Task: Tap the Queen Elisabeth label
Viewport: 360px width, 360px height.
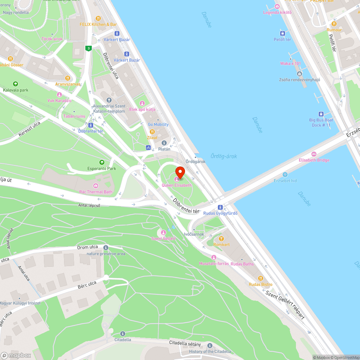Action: (x=177, y=185)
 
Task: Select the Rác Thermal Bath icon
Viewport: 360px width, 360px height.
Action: (x=96, y=186)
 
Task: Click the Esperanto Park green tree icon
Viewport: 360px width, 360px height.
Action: (x=102, y=162)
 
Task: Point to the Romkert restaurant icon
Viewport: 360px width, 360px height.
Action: (x=221, y=238)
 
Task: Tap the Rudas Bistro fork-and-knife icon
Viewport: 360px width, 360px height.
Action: (x=261, y=278)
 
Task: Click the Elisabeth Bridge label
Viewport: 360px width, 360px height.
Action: (x=314, y=160)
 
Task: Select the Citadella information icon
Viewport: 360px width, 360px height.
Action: (x=123, y=334)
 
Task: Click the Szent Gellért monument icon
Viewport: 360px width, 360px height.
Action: (x=163, y=232)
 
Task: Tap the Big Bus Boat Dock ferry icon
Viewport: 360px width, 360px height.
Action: (x=321, y=114)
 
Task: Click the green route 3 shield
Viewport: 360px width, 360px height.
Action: (x=88, y=48)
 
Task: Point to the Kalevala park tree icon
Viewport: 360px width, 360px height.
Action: (x=15, y=84)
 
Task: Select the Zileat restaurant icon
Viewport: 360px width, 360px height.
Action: (x=152, y=132)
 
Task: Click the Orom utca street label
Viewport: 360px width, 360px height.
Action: (x=88, y=247)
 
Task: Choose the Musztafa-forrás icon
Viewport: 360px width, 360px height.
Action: (x=214, y=257)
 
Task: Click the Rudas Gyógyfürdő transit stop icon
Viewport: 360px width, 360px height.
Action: (x=220, y=207)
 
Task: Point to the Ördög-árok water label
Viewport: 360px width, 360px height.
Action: (x=224, y=156)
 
